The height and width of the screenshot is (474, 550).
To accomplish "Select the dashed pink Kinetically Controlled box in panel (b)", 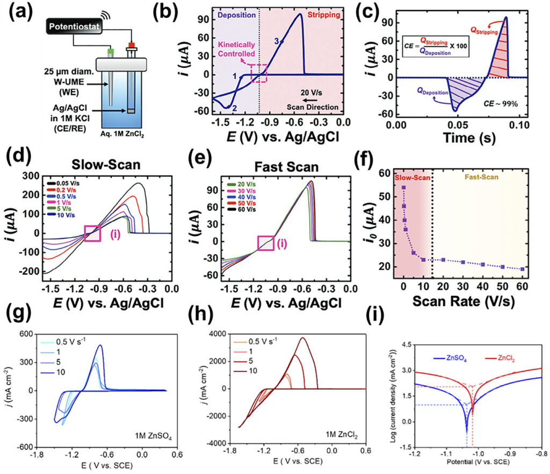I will pos(258,73).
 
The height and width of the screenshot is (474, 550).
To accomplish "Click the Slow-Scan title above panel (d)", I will pos(106,165).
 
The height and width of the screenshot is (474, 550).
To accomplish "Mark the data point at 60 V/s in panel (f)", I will pos(522,268).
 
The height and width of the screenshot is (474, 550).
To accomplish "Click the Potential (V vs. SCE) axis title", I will pos(471,462).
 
